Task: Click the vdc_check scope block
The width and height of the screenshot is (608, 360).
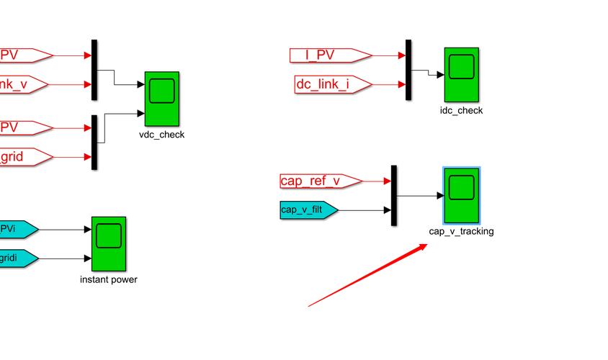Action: pos(162,99)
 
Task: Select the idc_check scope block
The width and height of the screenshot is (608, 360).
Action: pos(461,75)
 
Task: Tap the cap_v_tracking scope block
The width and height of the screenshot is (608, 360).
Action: pos(461,195)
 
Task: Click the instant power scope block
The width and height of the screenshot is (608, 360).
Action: pos(109,243)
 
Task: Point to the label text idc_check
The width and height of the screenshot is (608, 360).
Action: pos(461,111)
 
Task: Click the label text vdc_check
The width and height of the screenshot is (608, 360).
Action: pos(162,135)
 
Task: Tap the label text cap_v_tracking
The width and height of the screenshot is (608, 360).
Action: pos(461,231)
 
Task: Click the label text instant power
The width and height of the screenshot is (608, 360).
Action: pos(109,279)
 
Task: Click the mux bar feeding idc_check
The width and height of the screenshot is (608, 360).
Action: pos(408,70)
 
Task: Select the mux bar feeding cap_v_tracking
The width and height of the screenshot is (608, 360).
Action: pos(394,195)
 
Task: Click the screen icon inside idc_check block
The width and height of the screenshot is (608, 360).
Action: pos(461,66)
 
